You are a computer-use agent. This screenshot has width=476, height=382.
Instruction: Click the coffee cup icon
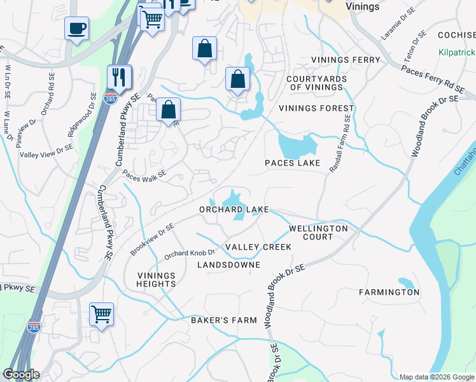point(77,29)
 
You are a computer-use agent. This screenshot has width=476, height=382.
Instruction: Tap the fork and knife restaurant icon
point(120,78)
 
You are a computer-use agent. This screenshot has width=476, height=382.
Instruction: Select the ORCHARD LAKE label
point(234,209)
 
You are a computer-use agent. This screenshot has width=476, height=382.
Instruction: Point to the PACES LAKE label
point(292,164)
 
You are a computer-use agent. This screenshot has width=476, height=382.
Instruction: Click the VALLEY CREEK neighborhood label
point(258,247)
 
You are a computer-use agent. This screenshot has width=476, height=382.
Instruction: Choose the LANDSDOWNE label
point(228,264)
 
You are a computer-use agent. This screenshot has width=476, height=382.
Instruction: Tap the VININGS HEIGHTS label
point(157,279)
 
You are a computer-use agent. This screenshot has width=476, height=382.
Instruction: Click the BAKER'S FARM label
point(224,320)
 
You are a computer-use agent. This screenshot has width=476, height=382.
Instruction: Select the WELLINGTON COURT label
point(318,232)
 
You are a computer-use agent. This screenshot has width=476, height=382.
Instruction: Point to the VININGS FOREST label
point(316,108)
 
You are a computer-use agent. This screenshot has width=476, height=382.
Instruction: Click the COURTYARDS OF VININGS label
point(316,83)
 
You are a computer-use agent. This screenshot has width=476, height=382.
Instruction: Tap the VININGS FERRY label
point(346,60)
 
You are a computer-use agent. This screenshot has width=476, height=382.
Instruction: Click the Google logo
point(21,374)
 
